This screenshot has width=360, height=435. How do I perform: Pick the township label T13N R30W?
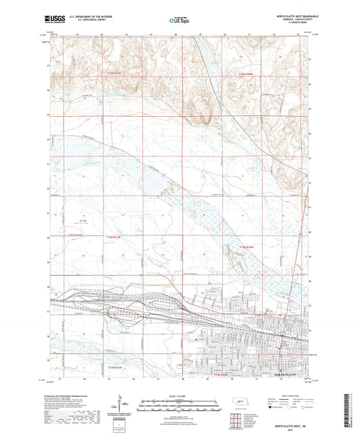pos(221,373)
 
